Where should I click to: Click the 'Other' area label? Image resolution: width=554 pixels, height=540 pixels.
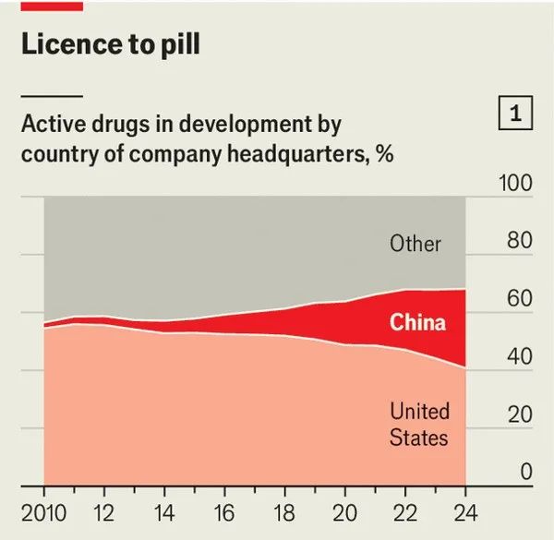pyautogui.click(x=415, y=244)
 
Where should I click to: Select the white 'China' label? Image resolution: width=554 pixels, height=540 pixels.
pyautogui.click(x=417, y=322)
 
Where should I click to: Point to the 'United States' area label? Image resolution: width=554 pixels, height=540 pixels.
pyautogui.click(x=419, y=424)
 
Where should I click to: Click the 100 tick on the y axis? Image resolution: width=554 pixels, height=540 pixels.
pyautogui.click(x=516, y=183)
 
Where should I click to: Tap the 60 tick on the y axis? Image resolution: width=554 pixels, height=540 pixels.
pyautogui.click(x=521, y=298)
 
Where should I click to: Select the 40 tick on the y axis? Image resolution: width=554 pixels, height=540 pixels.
pyautogui.click(x=521, y=356)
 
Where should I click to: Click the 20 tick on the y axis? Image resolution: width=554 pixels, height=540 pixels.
pyautogui.click(x=521, y=414)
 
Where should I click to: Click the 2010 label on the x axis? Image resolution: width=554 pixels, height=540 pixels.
pyautogui.click(x=44, y=510)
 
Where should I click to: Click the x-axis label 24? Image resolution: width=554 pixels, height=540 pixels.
pyautogui.click(x=465, y=510)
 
